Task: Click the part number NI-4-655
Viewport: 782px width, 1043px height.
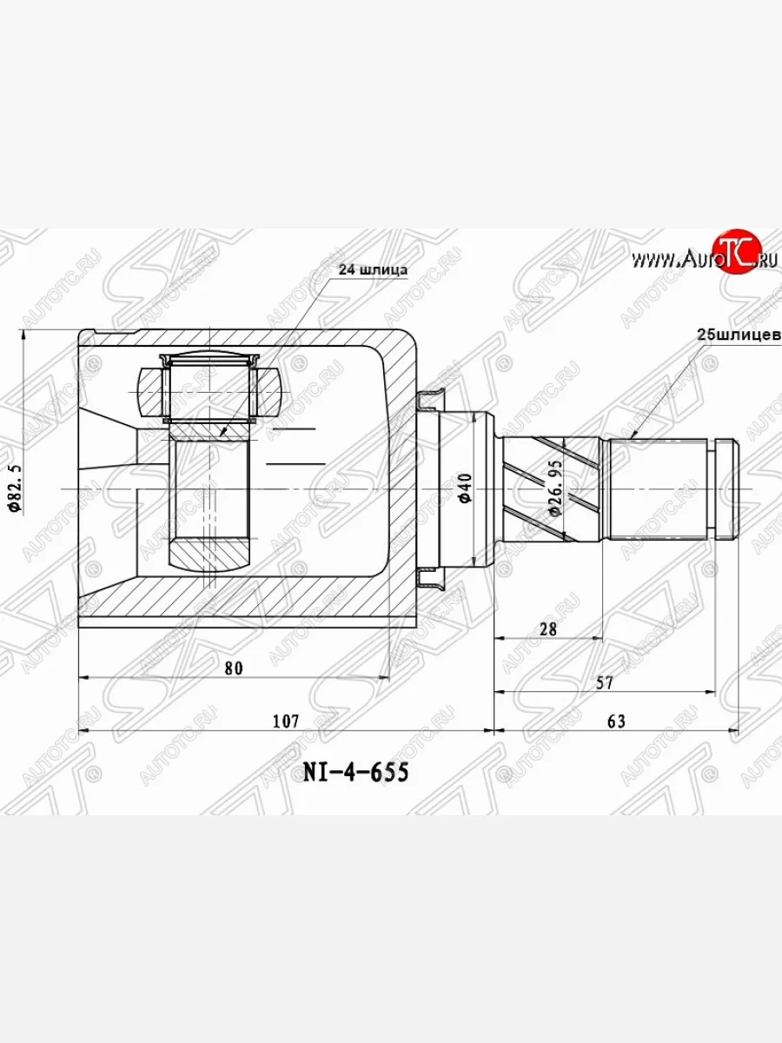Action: [x=355, y=772]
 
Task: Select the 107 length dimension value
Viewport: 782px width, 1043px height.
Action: [x=285, y=721]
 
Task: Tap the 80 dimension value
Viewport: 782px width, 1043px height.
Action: [x=233, y=668]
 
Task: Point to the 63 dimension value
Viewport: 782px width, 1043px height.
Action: [x=616, y=721]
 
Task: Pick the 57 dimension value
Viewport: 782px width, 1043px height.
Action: [x=605, y=683]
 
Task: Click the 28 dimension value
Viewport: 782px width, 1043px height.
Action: [x=547, y=628]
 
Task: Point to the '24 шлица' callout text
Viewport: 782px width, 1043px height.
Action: [x=372, y=269]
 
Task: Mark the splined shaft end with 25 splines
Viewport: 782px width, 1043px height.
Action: [x=660, y=488]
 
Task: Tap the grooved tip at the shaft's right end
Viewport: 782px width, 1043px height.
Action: [x=726, y=488]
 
